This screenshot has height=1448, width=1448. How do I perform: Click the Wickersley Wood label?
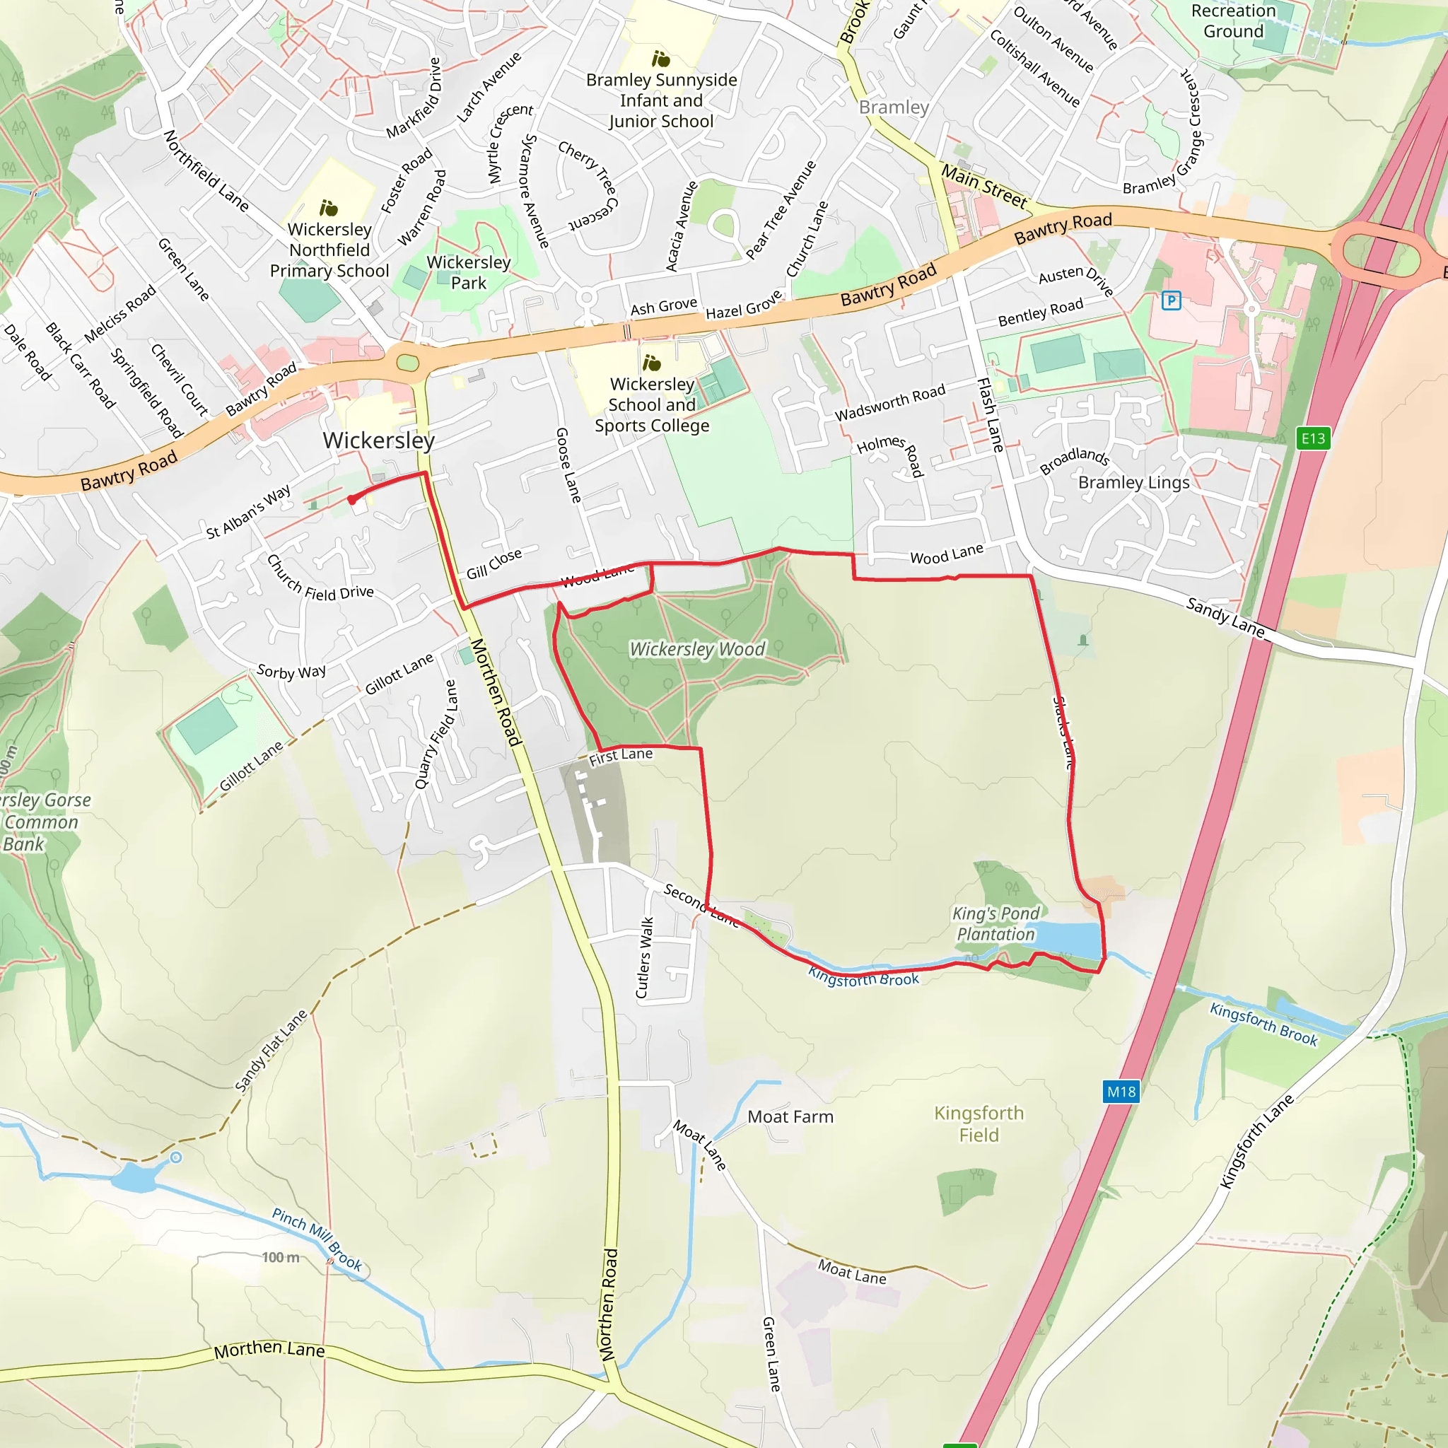pyautogui.click(x=697, y=649)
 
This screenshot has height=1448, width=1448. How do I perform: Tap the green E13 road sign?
pyautogui.click(x=1313, y=438)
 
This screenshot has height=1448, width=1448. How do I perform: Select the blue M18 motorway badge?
pyautogui.click(x=1121, y=1091)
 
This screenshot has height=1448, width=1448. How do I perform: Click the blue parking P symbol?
pyautogui.click(x=1171, y=300)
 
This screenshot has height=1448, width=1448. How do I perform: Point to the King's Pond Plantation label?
pyautogui.click(x=995, y=923)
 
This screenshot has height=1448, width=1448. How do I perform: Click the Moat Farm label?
pyautogui.click(x=790, y=1116)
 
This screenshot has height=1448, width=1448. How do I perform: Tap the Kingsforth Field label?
pyautogui.click(x=979, y=1123)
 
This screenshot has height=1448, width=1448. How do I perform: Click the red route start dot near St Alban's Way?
pyautogui.click(x=351, y=499)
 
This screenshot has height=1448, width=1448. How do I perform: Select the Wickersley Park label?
pyautogui.click(x=469, y=272)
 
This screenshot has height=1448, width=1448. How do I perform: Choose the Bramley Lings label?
pyautogui.click(x=1133, y=482)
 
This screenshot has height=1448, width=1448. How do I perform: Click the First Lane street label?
pyautogui.click(x=621, y=757)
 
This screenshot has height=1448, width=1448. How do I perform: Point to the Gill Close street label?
pyautogui.click(x=494, y=564)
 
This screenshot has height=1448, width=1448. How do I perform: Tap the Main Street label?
pyautogui.click(x=983, y=187)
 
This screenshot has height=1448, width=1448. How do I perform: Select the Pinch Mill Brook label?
pyautogui.click(x=317, y=1239)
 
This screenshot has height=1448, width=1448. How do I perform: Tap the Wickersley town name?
pyautogui.click(x=378, y=440)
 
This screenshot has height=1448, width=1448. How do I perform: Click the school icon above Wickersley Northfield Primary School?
pyautogui.click(x=328, y=208)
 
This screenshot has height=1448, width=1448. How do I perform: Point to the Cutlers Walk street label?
pyautogui.click(x=645, y=957)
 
